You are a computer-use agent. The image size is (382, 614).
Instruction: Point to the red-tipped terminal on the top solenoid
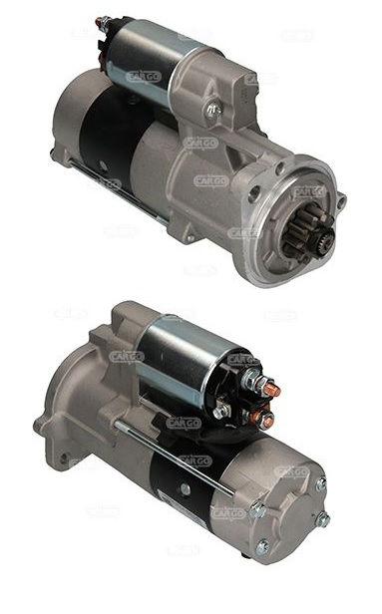(100, 21)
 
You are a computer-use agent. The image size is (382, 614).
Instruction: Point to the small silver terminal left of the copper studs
(221, 409)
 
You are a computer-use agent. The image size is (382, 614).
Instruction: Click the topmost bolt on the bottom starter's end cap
(320, 483)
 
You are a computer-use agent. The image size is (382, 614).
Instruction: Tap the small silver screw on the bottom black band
(186, 490)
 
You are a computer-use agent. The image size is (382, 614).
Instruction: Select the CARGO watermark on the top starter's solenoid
(144, 76)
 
